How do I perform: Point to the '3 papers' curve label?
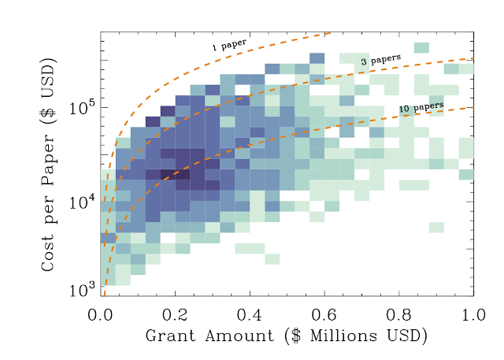(380, 59)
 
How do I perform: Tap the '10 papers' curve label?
(421, 106)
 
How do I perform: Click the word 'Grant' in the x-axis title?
(169, 336)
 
